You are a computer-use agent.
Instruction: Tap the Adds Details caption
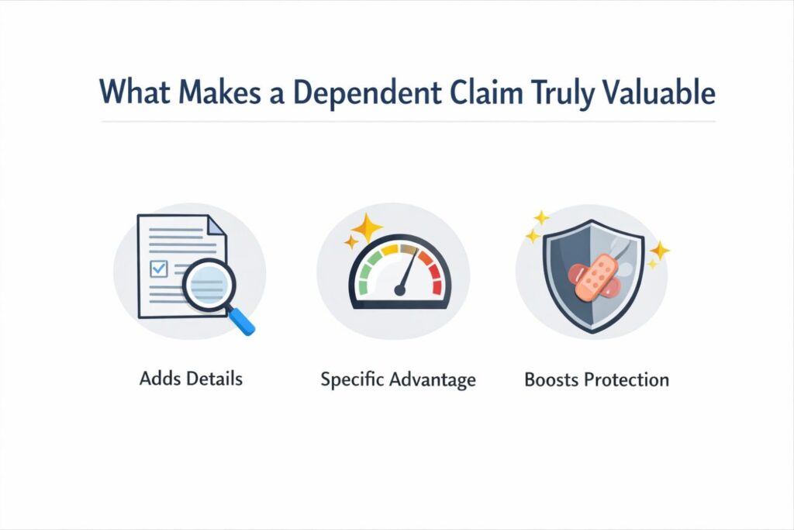click(x=191, y=379)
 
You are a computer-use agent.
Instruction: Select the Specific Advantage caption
click(x=398, y=380)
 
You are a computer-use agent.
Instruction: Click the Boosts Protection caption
click(x=596, y=380)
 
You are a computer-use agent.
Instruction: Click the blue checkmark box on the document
click(x=159, y=268)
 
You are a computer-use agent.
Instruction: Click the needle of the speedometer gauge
click(x=408, y=269)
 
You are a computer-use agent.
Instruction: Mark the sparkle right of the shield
click(x=659, y=251)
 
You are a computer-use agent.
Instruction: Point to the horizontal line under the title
click(x=408, y=122)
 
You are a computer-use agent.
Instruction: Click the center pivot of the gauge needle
click(x=399, y=290)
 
